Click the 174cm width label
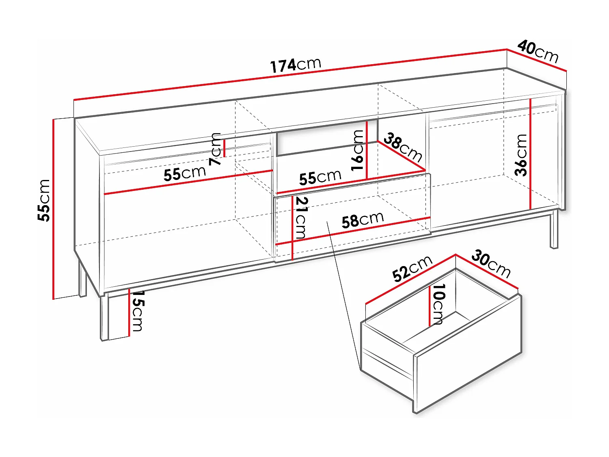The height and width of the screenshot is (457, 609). click(x=296, y=65)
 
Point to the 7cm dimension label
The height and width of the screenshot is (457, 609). click(x=216, y=149)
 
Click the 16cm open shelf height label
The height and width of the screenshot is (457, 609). click(x=357, y=150)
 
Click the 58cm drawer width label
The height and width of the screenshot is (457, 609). click(x=363, y=220)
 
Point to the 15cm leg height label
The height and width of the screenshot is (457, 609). click(x=137, y=311)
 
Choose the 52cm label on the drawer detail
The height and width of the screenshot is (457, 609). click(x=412, y=269)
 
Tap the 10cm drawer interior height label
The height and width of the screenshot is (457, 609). click(x=438, y=304)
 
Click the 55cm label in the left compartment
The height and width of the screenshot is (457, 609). click(x=185, y=173)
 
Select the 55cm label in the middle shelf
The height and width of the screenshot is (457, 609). click(x=320, y=177)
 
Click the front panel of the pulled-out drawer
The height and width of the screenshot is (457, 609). click(x=467, y=353)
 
